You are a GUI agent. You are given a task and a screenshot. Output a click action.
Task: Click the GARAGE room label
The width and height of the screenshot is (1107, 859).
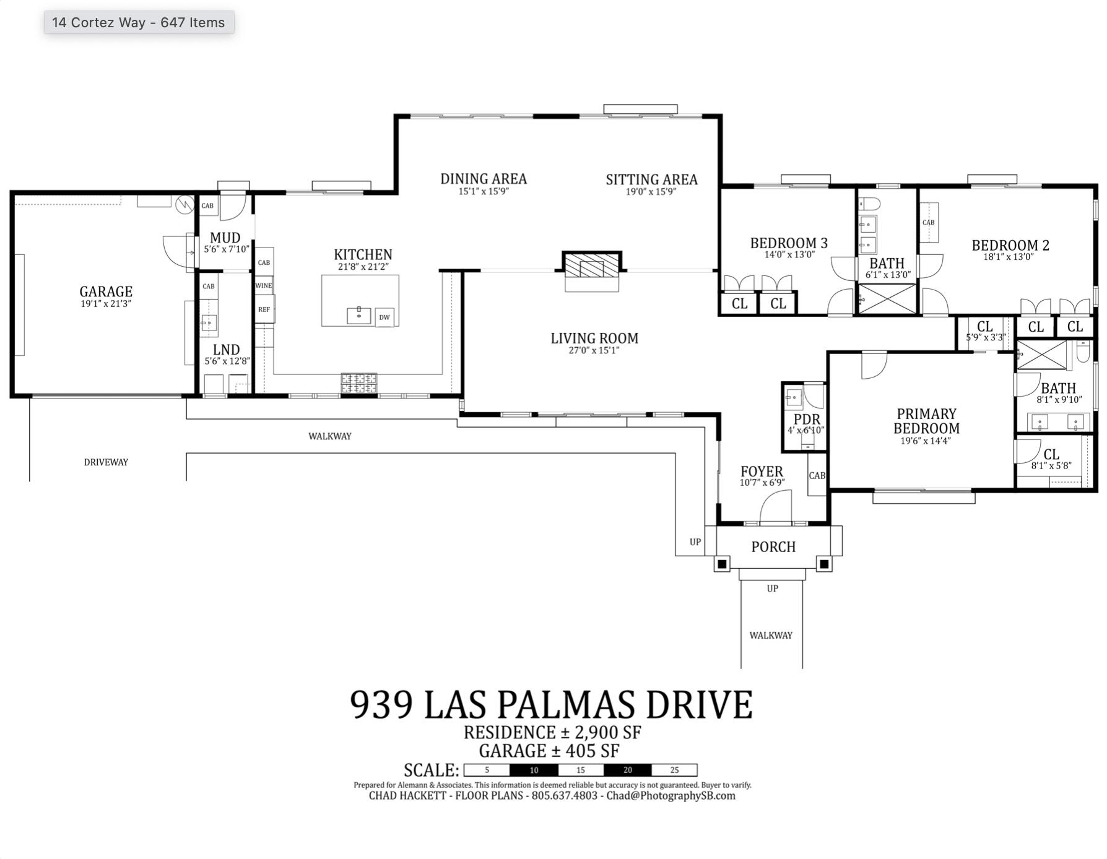(x=106, y=291)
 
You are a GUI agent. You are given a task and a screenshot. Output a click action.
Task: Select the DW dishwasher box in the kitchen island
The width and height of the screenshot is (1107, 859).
(x=384, y=317)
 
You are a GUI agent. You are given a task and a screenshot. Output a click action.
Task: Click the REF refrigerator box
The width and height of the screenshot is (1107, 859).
(x=264, y=309)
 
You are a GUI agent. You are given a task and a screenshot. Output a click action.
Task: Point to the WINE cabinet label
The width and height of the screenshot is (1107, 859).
(x=264, y=285)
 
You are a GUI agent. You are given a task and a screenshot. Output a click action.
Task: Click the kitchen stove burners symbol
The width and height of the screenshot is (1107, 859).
(x=358, y=383)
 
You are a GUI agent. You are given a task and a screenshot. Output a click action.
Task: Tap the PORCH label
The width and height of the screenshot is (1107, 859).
(x=773, y=546)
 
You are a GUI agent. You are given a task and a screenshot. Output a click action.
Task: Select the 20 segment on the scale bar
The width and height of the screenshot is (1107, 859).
(x=627, y=770)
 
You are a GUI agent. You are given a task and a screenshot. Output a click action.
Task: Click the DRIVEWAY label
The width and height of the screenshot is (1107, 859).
(x=106, y=462)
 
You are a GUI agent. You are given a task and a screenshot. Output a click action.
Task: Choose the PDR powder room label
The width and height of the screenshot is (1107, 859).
(x=806, y=419)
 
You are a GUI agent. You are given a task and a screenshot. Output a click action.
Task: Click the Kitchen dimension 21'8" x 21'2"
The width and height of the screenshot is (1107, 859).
(x=363, y=267)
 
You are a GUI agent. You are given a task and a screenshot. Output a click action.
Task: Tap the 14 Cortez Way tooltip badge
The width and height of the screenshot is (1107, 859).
(x=139, y=22)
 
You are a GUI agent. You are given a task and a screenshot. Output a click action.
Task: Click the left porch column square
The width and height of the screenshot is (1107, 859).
(x=722, y=564)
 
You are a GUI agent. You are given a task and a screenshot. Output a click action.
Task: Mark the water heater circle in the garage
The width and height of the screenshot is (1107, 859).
(x=184, y=204)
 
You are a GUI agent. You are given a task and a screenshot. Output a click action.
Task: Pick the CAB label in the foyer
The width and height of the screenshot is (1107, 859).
(x=817, y=475)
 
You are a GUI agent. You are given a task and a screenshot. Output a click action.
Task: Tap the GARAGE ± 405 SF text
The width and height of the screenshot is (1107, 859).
(x=549, y=751)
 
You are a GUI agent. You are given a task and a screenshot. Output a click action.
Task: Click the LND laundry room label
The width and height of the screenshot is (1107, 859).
(x=226, y=350)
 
